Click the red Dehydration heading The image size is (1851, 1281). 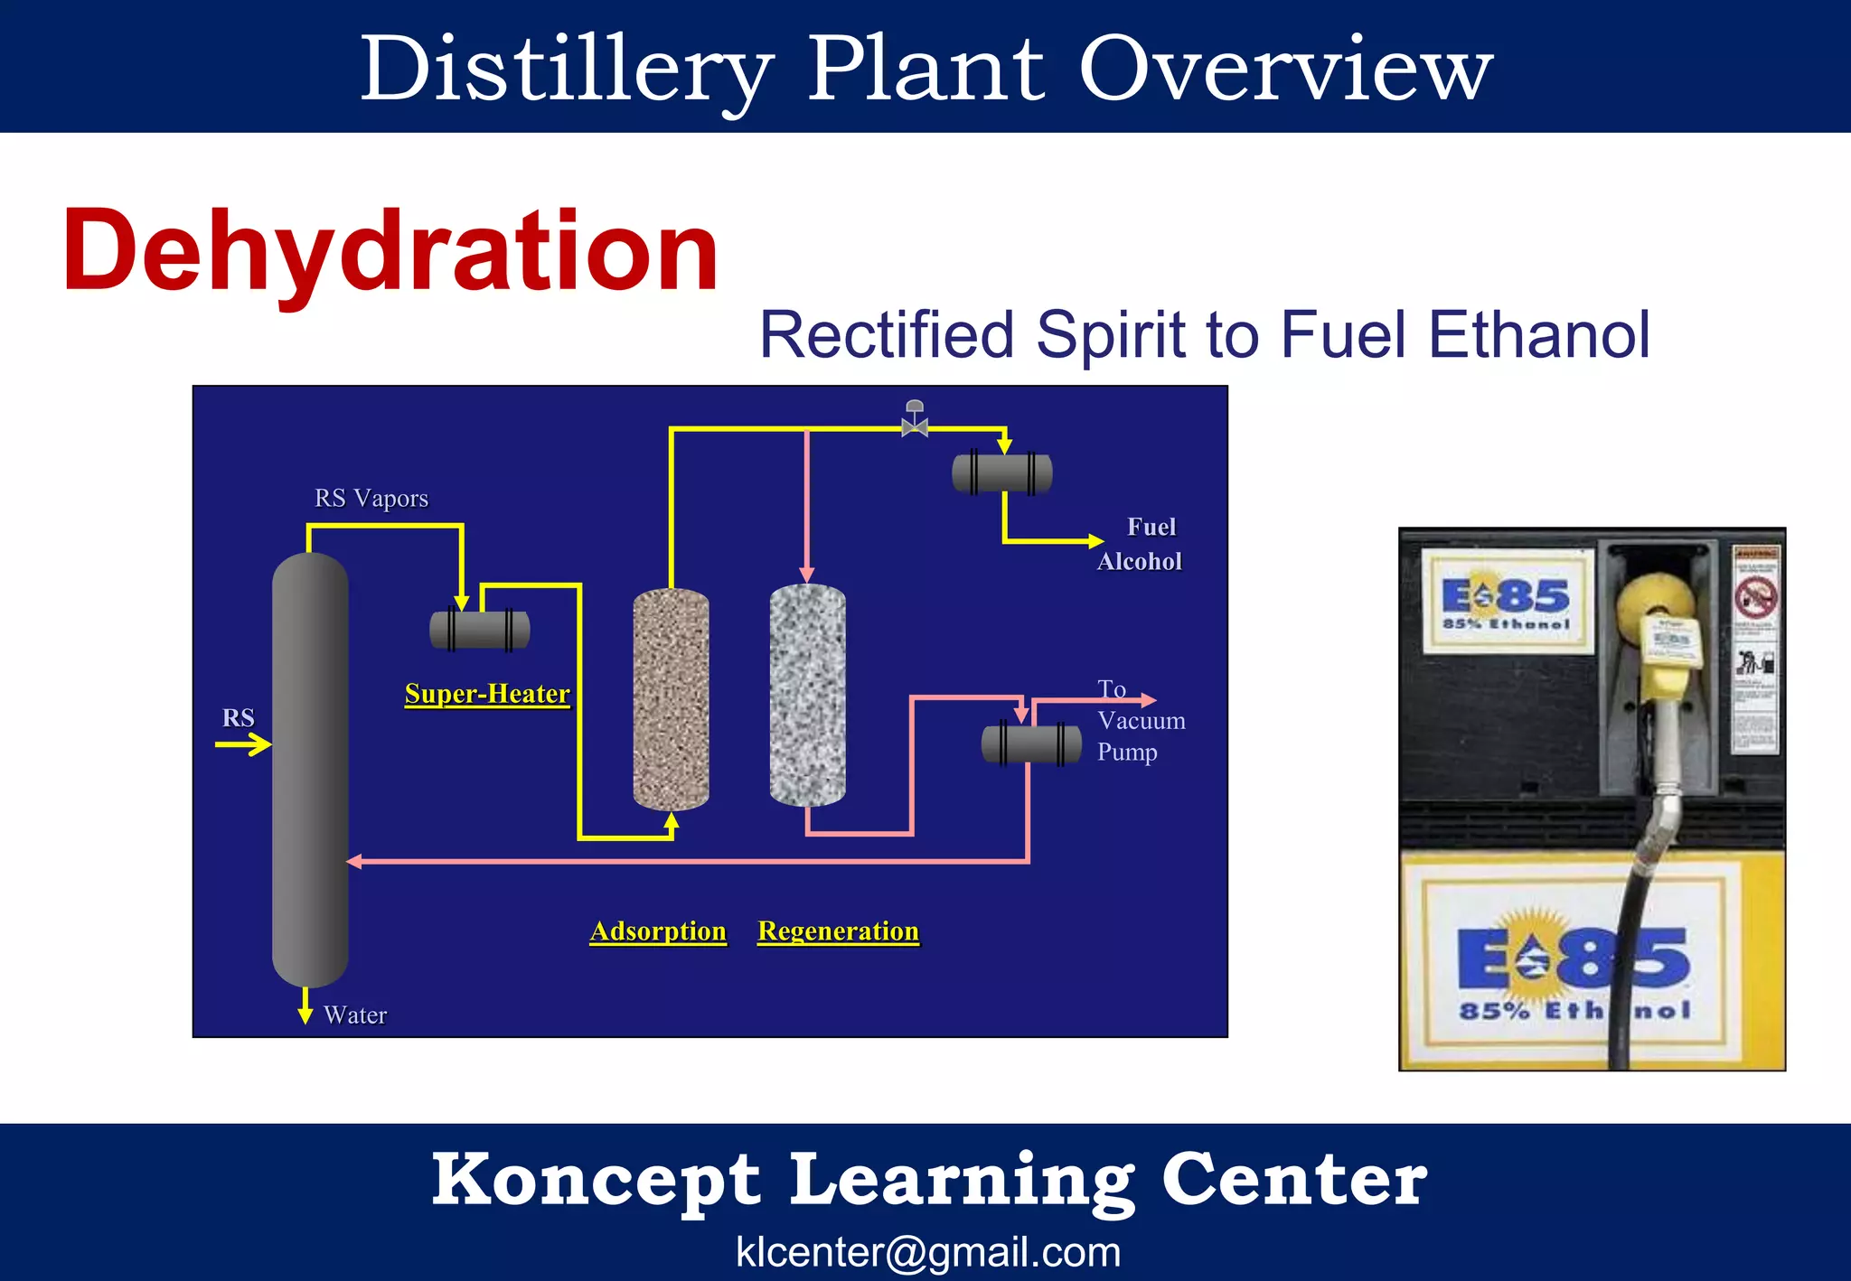tap(390, 251)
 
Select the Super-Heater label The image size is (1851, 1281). tap(487, 694)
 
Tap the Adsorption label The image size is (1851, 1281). tap(658, 931)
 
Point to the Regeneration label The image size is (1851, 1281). tap(838, 931)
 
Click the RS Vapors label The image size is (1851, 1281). tap(371, 499)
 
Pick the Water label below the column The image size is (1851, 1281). tap(355, 1015)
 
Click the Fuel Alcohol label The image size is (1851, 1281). tap(1141, 544)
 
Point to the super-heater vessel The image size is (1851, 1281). tap(480, 630)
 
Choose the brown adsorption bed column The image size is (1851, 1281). tap(671, 698)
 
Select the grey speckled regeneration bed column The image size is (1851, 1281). tap(807, 695)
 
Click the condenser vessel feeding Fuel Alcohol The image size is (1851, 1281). tap(1002, 473)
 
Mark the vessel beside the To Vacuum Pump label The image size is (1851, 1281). tap(1031, 744)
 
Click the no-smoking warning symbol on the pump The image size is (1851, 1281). tap(1754, 597)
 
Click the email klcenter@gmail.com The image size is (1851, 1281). tap(928, 1252)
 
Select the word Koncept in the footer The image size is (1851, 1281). tap(596, 1180)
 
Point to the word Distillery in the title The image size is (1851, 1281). tap(567, 70)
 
